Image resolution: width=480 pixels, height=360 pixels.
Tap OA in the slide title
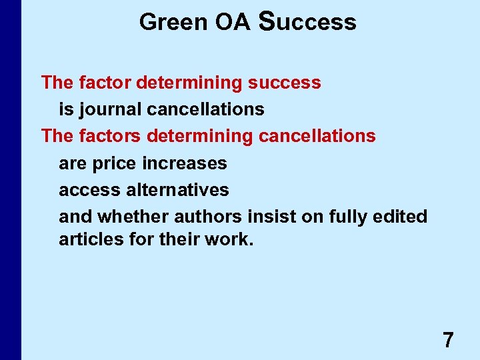232,22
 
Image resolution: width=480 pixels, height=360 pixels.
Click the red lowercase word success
284,83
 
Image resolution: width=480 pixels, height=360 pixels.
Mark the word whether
133,217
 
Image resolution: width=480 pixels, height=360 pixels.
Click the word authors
207,217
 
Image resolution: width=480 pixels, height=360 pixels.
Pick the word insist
266,217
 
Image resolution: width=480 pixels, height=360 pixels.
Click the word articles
88,239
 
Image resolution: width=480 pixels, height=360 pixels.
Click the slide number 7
448,341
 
